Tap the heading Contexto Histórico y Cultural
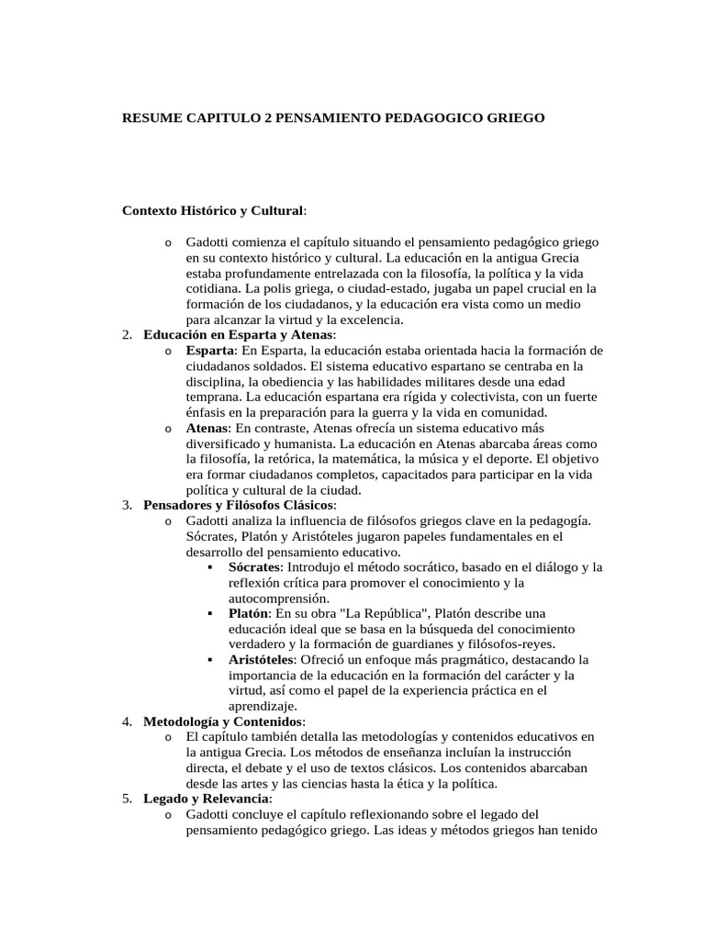pos(212,211)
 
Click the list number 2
pos(127,335)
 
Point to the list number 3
pos(127,506)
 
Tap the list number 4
pos(127,722)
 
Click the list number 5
pos(127,799)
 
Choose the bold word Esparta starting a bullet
pos(209,351)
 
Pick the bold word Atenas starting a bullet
pos(207,428)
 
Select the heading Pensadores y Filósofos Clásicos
pos(239,506)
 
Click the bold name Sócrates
pos(253,567)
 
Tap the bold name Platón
pos(249,613)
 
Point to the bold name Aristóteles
pos(261,660)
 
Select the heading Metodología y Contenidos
pos(223,722)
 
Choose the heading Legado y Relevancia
pos(206,799)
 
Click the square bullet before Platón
pos(209,613)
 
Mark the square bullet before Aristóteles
pos(209,660)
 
